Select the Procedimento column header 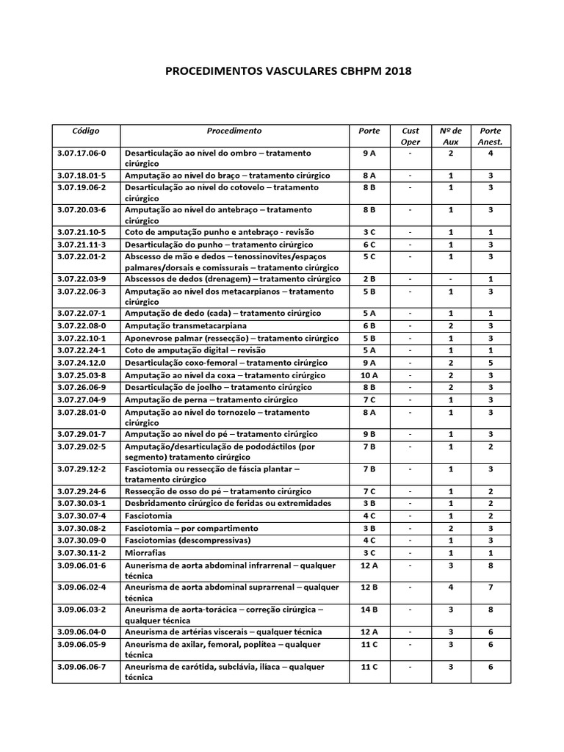(x=234, y=131)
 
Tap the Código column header (x=86, y=131)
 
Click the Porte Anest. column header (x=490, y=136)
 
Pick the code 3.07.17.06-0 (x=82, y=153)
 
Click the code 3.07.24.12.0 (x=82, y=363)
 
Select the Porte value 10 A (x=369, y=375)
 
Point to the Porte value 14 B (x=369, y=610)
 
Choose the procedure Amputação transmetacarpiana (x=185, y=325)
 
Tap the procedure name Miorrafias (x=145, y=552)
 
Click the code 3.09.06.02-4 (x=82, y=587)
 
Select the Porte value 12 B (x=369, y=587)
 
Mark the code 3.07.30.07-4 (x=82, y=516)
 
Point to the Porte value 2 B (x=369, y=279)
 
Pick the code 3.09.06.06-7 (x=82, y=667)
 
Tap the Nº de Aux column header (x=450, y=136)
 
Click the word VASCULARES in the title (x=300, y=71)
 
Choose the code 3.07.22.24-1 (x=82, y=350)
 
